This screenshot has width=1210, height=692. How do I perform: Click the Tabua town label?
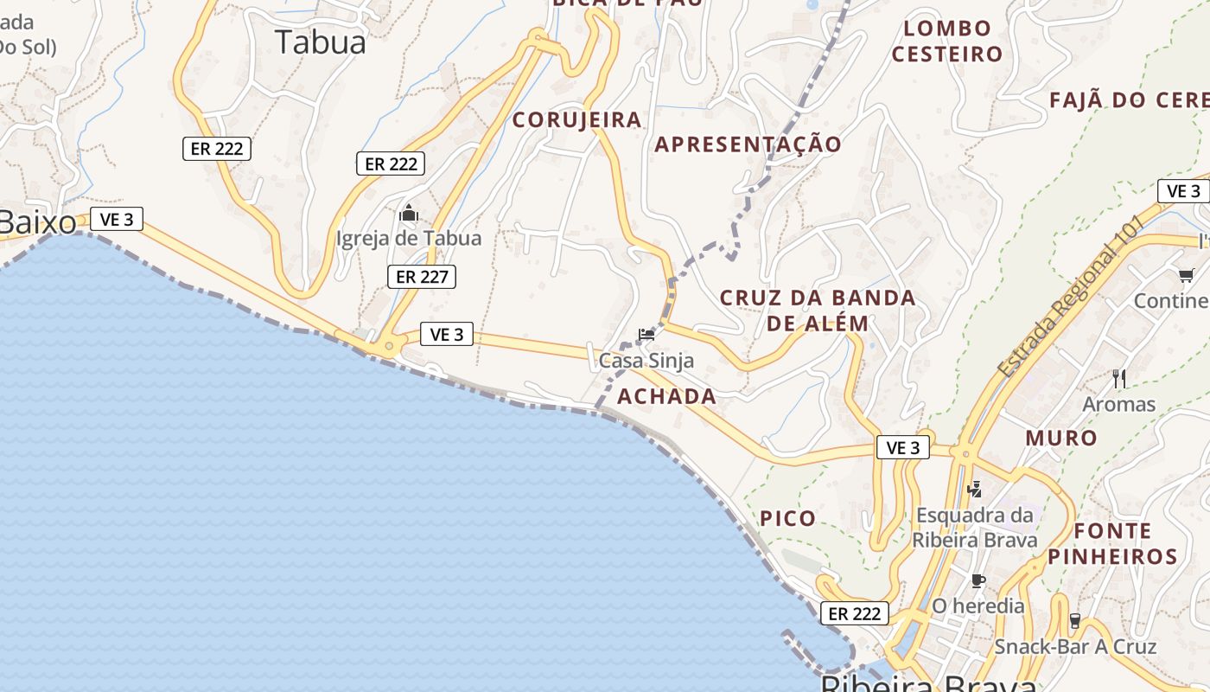[321, 42]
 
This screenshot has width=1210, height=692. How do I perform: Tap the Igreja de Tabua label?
[409, 238]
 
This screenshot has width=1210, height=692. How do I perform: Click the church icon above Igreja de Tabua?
[409, 213]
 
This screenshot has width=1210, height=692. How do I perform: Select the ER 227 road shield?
[421, 277]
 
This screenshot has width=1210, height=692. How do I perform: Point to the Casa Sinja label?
[646, 360]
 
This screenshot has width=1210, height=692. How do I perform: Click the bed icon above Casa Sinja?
[646, 334]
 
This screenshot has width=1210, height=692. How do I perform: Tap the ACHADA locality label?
[666, 397]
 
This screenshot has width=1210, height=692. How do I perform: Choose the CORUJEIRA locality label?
[577, 120]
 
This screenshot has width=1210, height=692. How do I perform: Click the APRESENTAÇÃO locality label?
[748, 144]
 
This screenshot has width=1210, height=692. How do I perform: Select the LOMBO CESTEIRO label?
[947, 42]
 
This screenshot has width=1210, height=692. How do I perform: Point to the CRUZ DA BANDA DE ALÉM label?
[818, 311]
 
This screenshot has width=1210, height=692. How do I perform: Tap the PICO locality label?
[787, 519]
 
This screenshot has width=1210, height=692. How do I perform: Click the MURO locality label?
[1061, 439]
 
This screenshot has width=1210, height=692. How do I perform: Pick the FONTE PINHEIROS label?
[1113, 543]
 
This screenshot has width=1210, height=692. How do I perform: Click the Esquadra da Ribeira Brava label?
[975, 528]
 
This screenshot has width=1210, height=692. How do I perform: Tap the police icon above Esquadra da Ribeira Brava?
[975, 490]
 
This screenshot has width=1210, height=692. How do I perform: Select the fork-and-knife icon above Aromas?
[1119, 378]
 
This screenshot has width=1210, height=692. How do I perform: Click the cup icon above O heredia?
[978, 580]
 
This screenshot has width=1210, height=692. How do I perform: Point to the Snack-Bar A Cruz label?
[1075, 646]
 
